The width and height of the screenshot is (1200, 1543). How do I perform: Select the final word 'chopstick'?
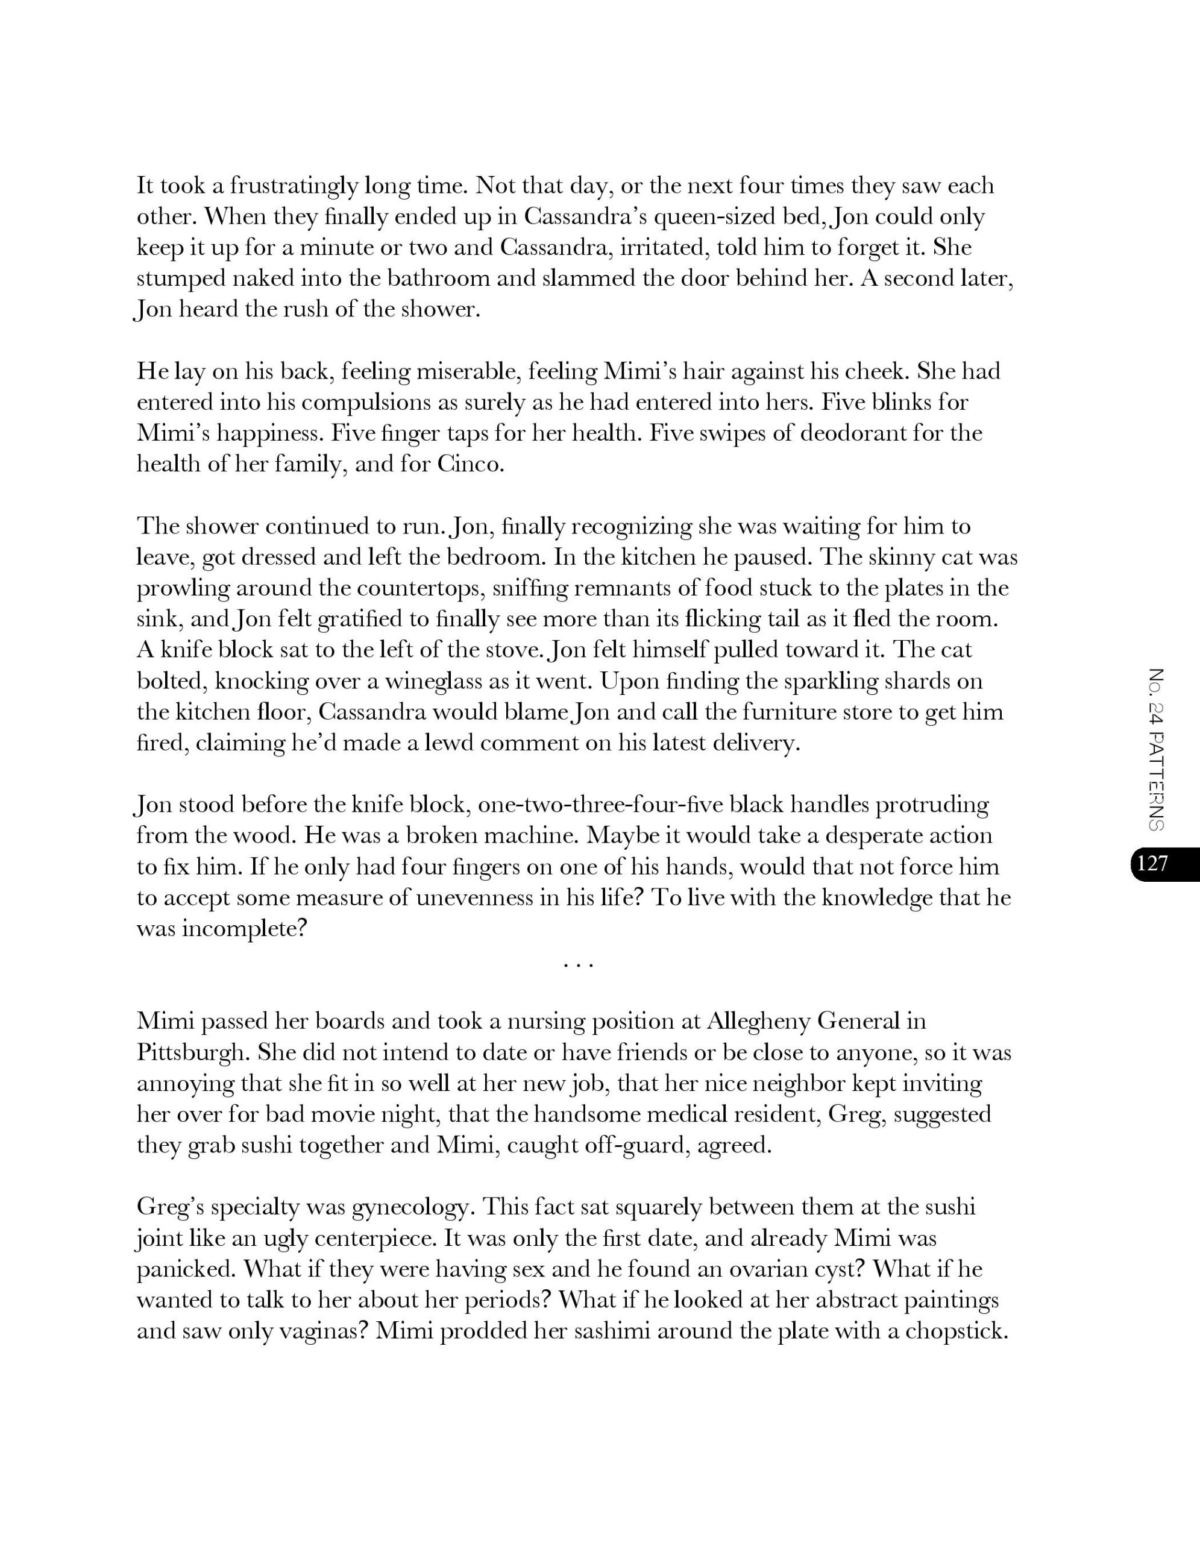click(955, 1331)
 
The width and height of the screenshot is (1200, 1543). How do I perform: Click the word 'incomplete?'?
click(222, 928)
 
